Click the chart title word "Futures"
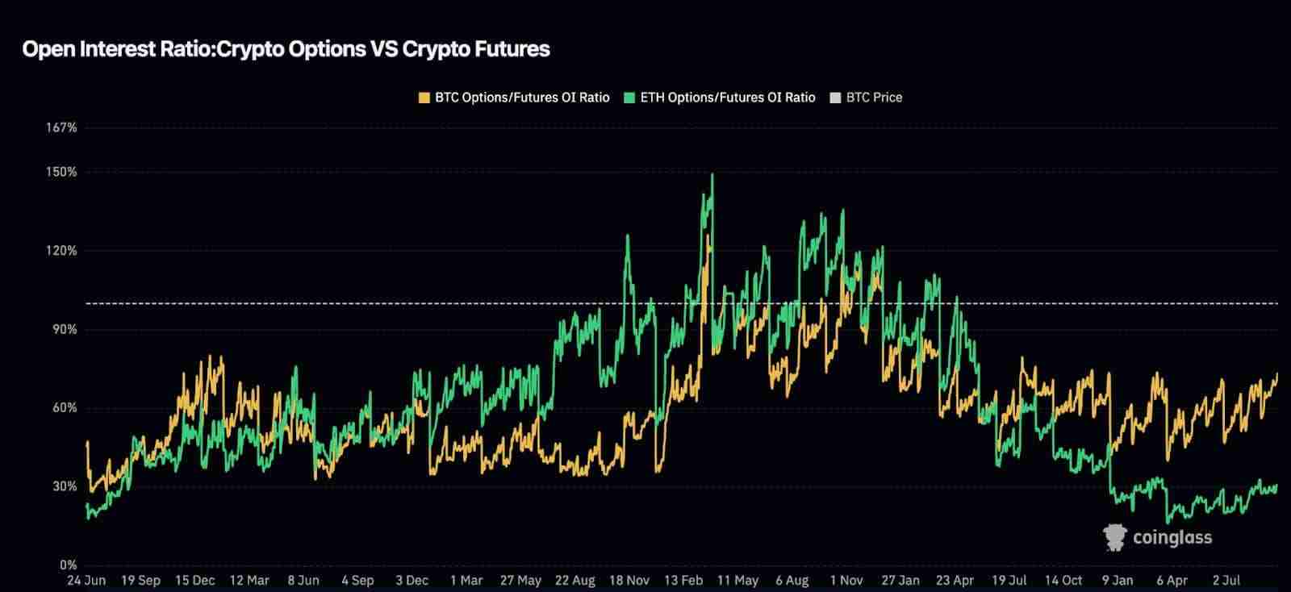coord(511,49)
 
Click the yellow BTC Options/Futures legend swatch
coord(424,98)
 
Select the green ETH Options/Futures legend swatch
coord(629,98)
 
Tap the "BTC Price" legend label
coord(874,98)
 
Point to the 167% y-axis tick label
coord(62,127)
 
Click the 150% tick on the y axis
coord(62,172)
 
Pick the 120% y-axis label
coord(62,251)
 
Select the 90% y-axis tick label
coord(64,329)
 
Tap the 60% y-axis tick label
coord(64,408)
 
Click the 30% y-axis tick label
coord(64,486)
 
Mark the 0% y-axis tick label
coord(67,565)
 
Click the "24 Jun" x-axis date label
coord(86,580)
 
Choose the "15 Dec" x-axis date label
coord(194,580)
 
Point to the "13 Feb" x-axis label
coord(683,580)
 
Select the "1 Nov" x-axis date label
coord(846,580)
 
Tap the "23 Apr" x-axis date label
coord(955,580)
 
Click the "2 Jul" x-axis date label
coord(1226,580)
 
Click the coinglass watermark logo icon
coord(1115,538)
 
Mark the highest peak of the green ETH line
coord(712,174)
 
